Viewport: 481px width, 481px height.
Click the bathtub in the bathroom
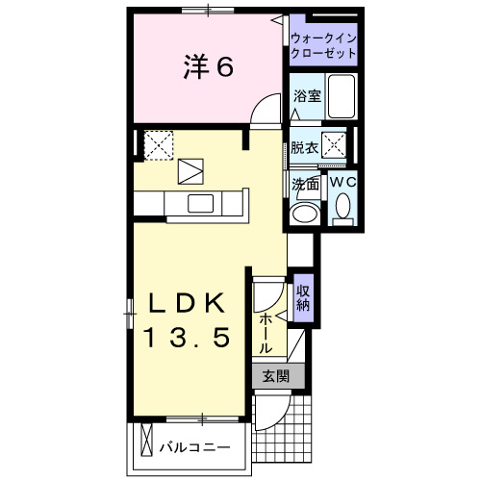342,96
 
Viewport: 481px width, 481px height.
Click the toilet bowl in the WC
342,207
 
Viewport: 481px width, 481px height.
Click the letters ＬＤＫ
187,304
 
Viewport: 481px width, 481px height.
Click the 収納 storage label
302,298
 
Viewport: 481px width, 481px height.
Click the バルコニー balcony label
194,447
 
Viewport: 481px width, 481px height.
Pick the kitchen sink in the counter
201,203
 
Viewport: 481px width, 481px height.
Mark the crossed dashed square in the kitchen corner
156,144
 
